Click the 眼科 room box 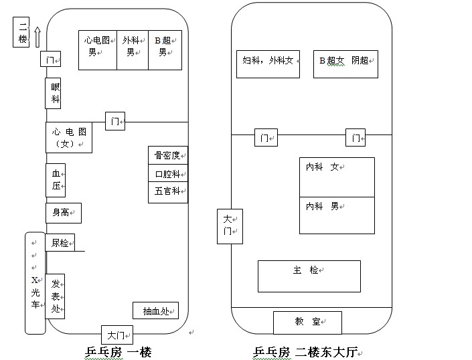[x=56, y=94]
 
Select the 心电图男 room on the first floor [x=98, y=50]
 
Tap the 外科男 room [x=133, y=50]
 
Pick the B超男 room [x=165, y=50]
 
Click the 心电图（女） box [x=68, y=138]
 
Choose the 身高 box [x=63, y=213]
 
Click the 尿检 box [x=60, y=243]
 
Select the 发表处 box [x=56, y=296]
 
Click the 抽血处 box [x=156, y=310]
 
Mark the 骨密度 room [x=167, y=155]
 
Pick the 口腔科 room [x=167, y=174]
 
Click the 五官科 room [x=167, y=192]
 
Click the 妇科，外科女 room [x=268, y=64]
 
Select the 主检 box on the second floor [x=309, y=276]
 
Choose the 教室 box [x=307, y=322]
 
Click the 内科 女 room [x=336, y=177]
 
